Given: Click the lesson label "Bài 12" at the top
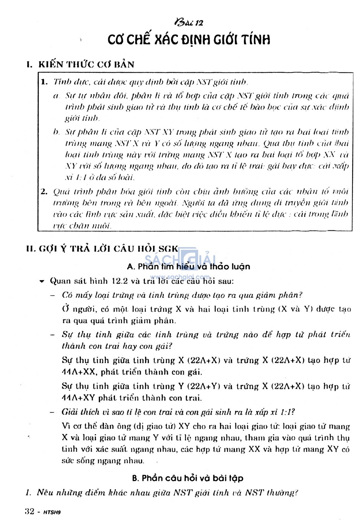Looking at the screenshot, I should (x=188, y=22).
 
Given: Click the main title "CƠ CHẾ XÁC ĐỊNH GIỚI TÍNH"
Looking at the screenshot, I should (x=189, y=40).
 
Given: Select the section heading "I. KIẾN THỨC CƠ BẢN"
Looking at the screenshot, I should (x=81, y=64).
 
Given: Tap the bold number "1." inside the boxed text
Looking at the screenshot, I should (x=44, y=82).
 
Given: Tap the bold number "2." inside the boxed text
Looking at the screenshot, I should (x=44, y=192).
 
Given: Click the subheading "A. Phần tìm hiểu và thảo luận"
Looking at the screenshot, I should (x=188, y=266).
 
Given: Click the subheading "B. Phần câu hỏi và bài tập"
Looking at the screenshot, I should (x=188, y=478).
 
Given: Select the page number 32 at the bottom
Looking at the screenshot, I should (x=30, y=511).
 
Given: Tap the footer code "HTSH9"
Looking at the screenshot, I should (x=52, y=512).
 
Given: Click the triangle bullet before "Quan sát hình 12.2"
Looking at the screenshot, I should (x=42, y=281).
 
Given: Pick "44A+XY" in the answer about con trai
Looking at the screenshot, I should (x=78, y=398).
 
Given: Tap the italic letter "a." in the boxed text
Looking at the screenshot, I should (x=56, y=96).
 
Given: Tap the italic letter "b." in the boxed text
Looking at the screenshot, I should (x=56, y=132).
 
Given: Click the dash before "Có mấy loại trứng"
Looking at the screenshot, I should (x=53, y=295).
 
